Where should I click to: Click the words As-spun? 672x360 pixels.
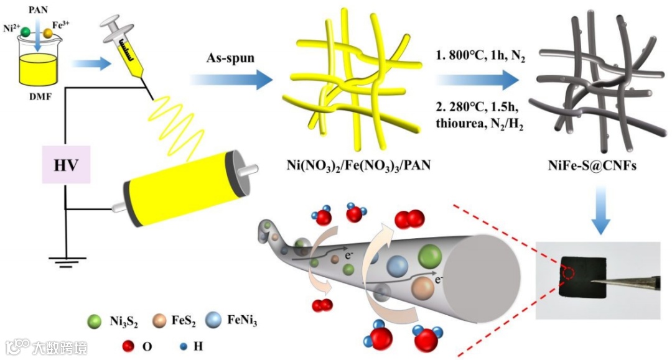pos(228,58)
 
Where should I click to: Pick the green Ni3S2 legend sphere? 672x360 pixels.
pos(95,321)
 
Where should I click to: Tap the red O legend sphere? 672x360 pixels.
pos(129,346)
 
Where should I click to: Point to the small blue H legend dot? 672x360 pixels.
pos(184,346)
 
